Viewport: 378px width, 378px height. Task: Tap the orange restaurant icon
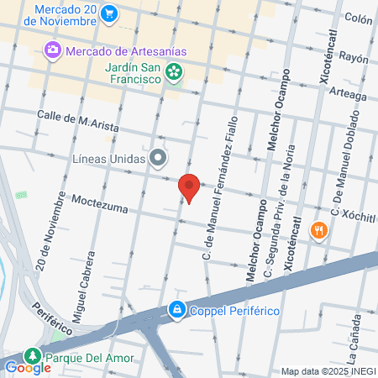(318, 230)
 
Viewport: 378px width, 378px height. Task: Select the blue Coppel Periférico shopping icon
(177, 310)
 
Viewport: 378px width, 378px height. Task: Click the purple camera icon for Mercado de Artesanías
(53, 51)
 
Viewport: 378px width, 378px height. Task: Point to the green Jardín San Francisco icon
(173, 72)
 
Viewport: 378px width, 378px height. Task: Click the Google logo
(27, 367)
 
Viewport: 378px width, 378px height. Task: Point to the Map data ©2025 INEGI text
(328, 371)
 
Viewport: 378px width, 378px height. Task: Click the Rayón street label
(354, 59)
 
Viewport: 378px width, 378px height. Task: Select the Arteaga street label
(349, 95)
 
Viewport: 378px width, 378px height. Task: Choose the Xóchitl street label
(355, 216)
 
